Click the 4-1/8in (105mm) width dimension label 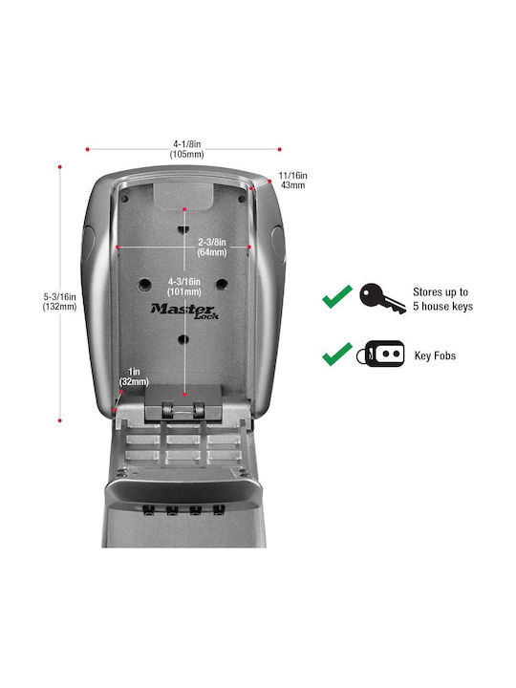(187, 149)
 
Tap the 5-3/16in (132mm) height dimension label (59, 302)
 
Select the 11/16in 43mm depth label (292, 181)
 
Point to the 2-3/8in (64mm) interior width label (212, 247)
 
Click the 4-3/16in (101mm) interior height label (184, 287)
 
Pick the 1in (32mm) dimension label (134, 376)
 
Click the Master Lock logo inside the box (184, 312)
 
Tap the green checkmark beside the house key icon (337, 296)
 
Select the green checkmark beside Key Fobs (337, 354)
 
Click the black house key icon (382, 298)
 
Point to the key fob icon (380, 354)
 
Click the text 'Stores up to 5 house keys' (442, 299)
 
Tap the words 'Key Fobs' (436, 355)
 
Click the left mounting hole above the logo (144, 285)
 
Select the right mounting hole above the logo (222, 284)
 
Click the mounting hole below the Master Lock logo (183, 339)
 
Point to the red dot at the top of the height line (59, 167)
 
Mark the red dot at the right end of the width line (279, 150)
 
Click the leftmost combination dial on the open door (149, 510)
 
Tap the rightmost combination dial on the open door (219, 509)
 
